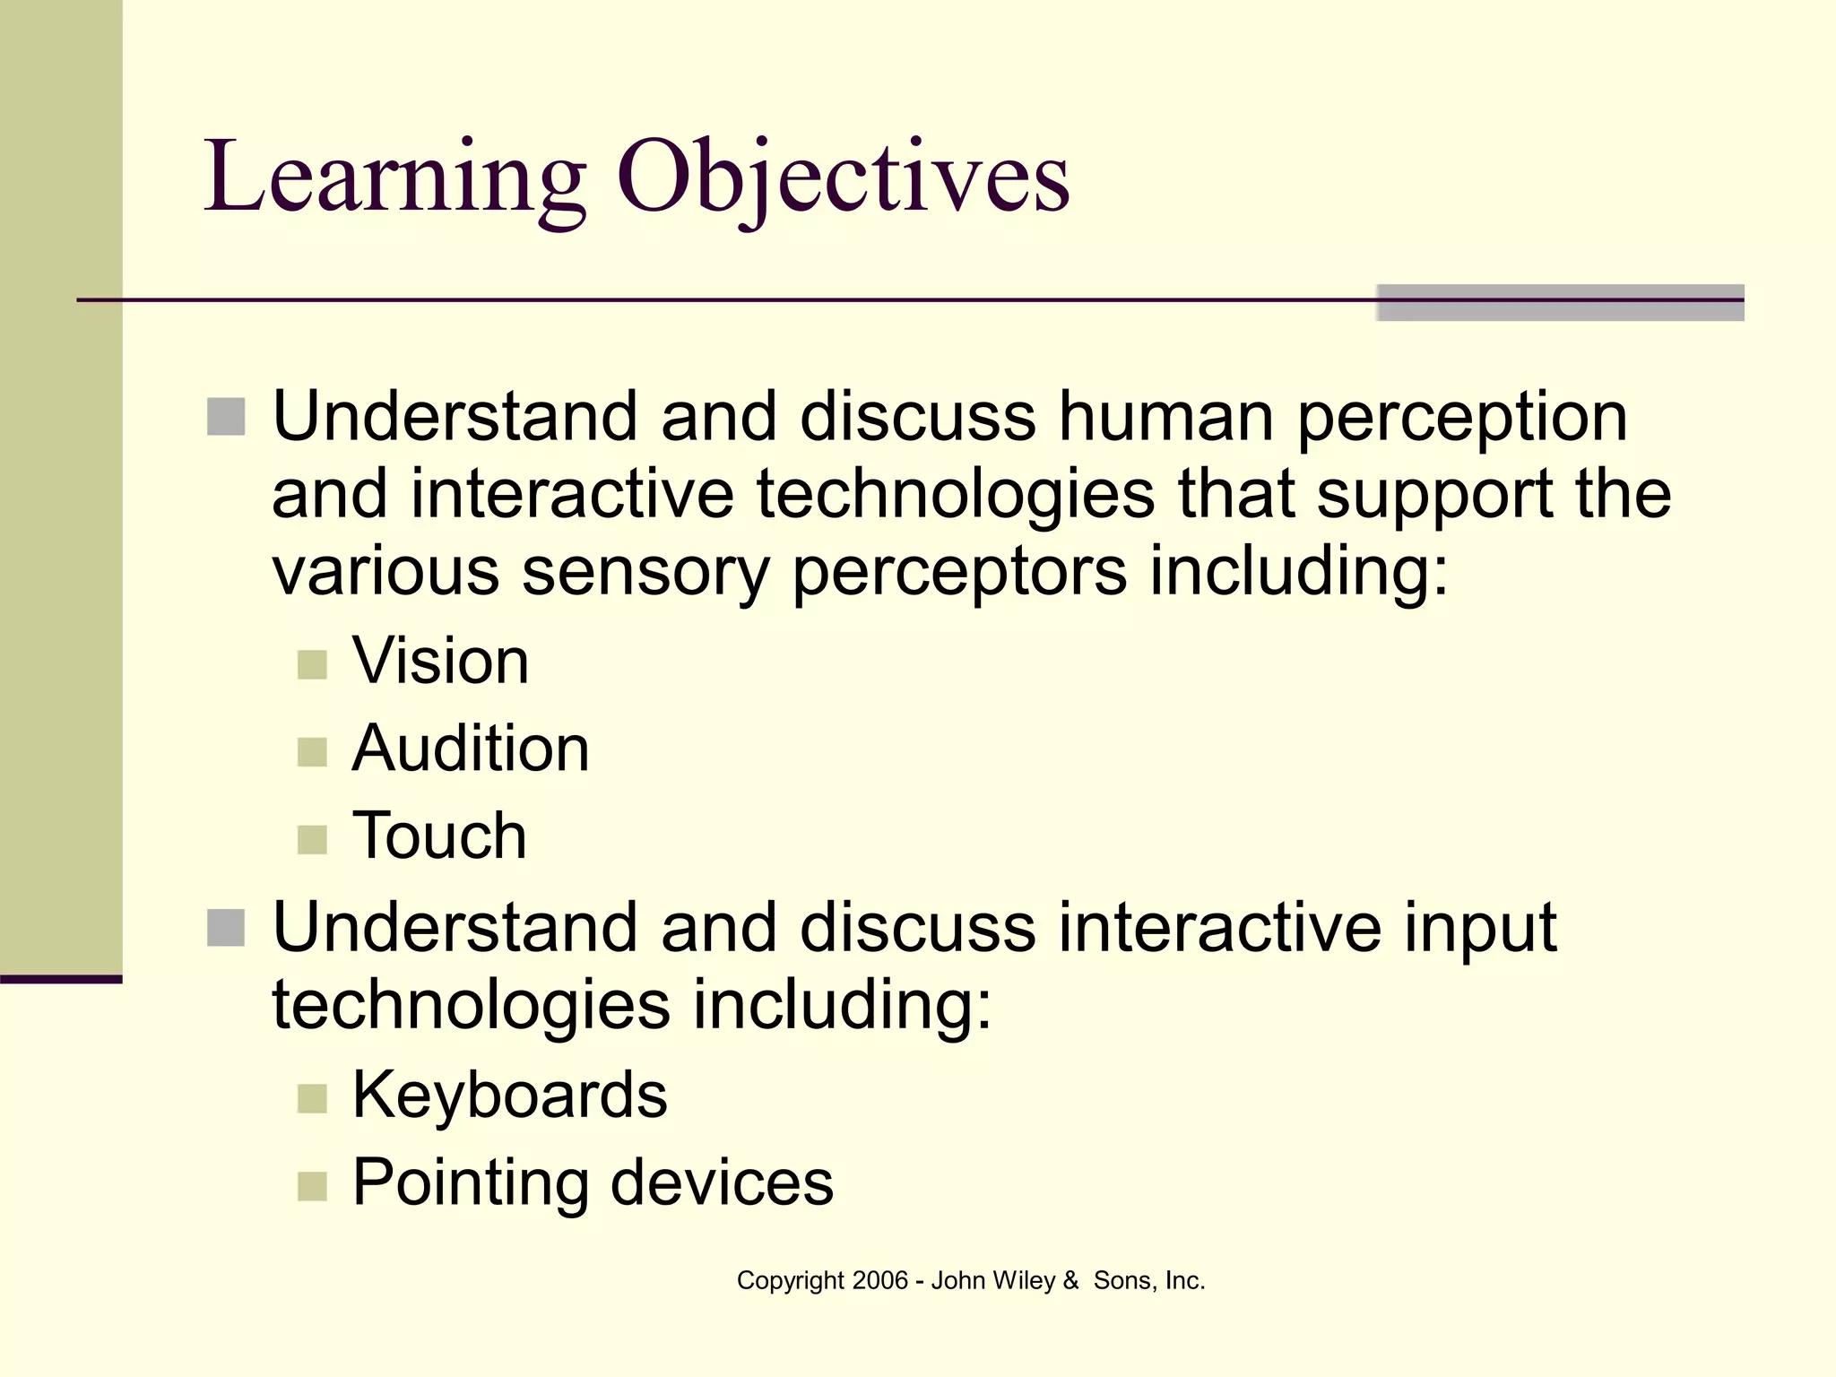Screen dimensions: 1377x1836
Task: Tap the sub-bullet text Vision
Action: pos(440,662)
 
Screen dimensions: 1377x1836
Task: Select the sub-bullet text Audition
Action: pos(471,749)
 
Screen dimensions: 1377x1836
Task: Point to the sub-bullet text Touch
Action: pos(439,836)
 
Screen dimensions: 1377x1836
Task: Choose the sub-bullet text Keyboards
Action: pos(509,1095)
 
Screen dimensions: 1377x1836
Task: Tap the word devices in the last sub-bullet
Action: pos(722,1182)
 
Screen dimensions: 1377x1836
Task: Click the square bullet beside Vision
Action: pos(312,665)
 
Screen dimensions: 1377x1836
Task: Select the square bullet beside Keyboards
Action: pos(312,1098)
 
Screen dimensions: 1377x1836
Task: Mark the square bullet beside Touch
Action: pos(312,840)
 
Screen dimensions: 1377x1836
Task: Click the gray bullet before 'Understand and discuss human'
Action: pos(226,417)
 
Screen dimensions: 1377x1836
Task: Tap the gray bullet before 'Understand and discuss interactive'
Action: pos(226,928)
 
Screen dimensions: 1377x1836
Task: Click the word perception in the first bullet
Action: pos(1461,419)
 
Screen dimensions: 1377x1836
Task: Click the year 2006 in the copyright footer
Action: pos(879,1280)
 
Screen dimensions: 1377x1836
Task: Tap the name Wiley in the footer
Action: pos(1023,1280)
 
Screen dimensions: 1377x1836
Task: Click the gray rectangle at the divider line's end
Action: pos(1560,303)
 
